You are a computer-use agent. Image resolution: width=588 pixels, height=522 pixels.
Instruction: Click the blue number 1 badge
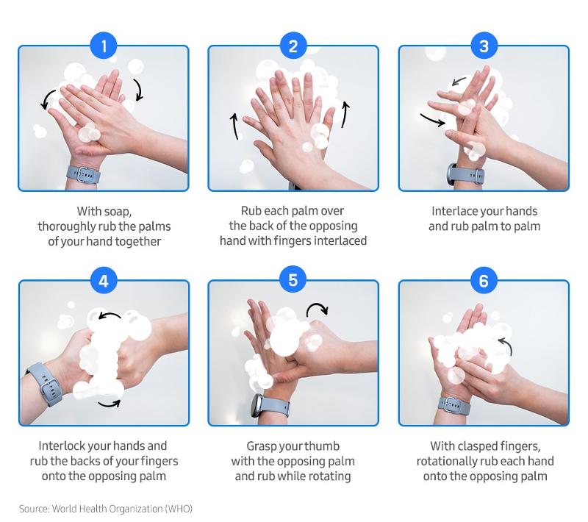coord(104,46)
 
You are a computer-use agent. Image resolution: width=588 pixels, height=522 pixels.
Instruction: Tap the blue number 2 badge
coord(293,46)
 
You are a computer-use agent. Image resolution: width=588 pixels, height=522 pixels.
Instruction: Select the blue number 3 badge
coord(484,46)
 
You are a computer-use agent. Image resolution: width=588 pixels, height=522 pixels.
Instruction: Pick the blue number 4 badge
coord(104,281)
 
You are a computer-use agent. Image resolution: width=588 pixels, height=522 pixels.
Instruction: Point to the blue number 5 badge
coord(293,281)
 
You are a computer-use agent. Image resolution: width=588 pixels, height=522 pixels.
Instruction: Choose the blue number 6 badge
coord(484,281)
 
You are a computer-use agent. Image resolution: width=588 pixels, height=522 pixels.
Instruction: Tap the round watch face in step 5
coord(257,405)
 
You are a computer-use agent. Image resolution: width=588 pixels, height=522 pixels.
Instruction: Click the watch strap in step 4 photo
coord(44,384)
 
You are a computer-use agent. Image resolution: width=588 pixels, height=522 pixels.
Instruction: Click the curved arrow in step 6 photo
coord(506,345)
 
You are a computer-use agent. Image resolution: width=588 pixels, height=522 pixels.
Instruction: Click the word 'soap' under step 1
coord(118,212)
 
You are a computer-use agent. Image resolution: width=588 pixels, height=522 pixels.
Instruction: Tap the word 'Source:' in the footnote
coord(34,509)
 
